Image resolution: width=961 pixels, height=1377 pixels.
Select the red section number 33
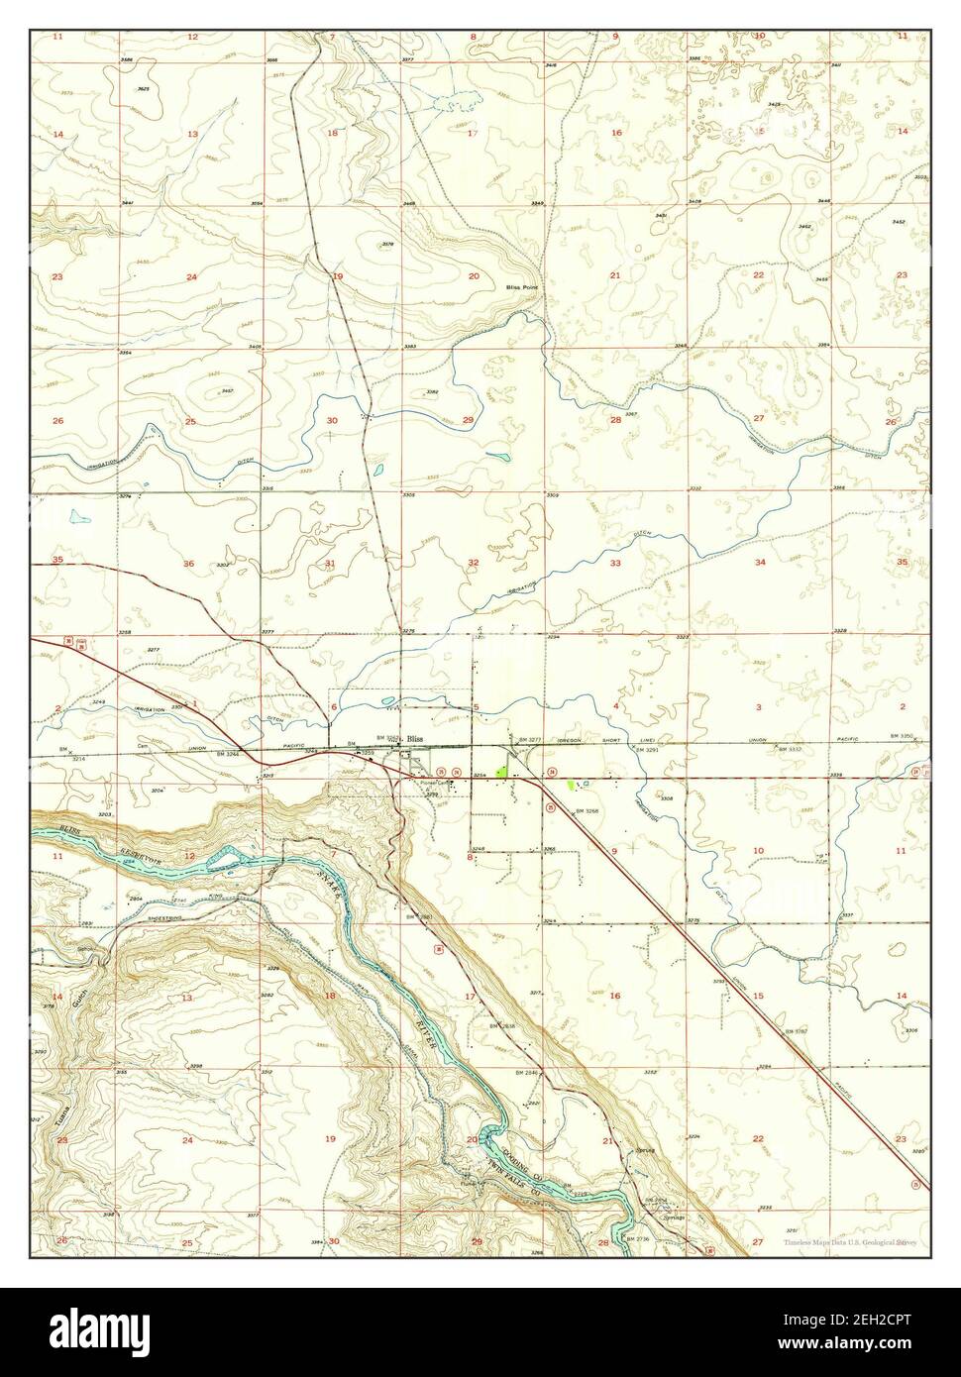[615, 563]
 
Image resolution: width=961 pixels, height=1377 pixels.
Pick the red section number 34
[760, 563]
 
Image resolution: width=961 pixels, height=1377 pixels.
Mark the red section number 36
[189, 563]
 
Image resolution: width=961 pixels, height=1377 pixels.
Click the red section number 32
[474, 563]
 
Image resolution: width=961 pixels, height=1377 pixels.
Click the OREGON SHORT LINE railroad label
[583, 739]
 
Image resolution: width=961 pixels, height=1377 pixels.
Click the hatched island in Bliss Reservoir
[225, 858]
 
